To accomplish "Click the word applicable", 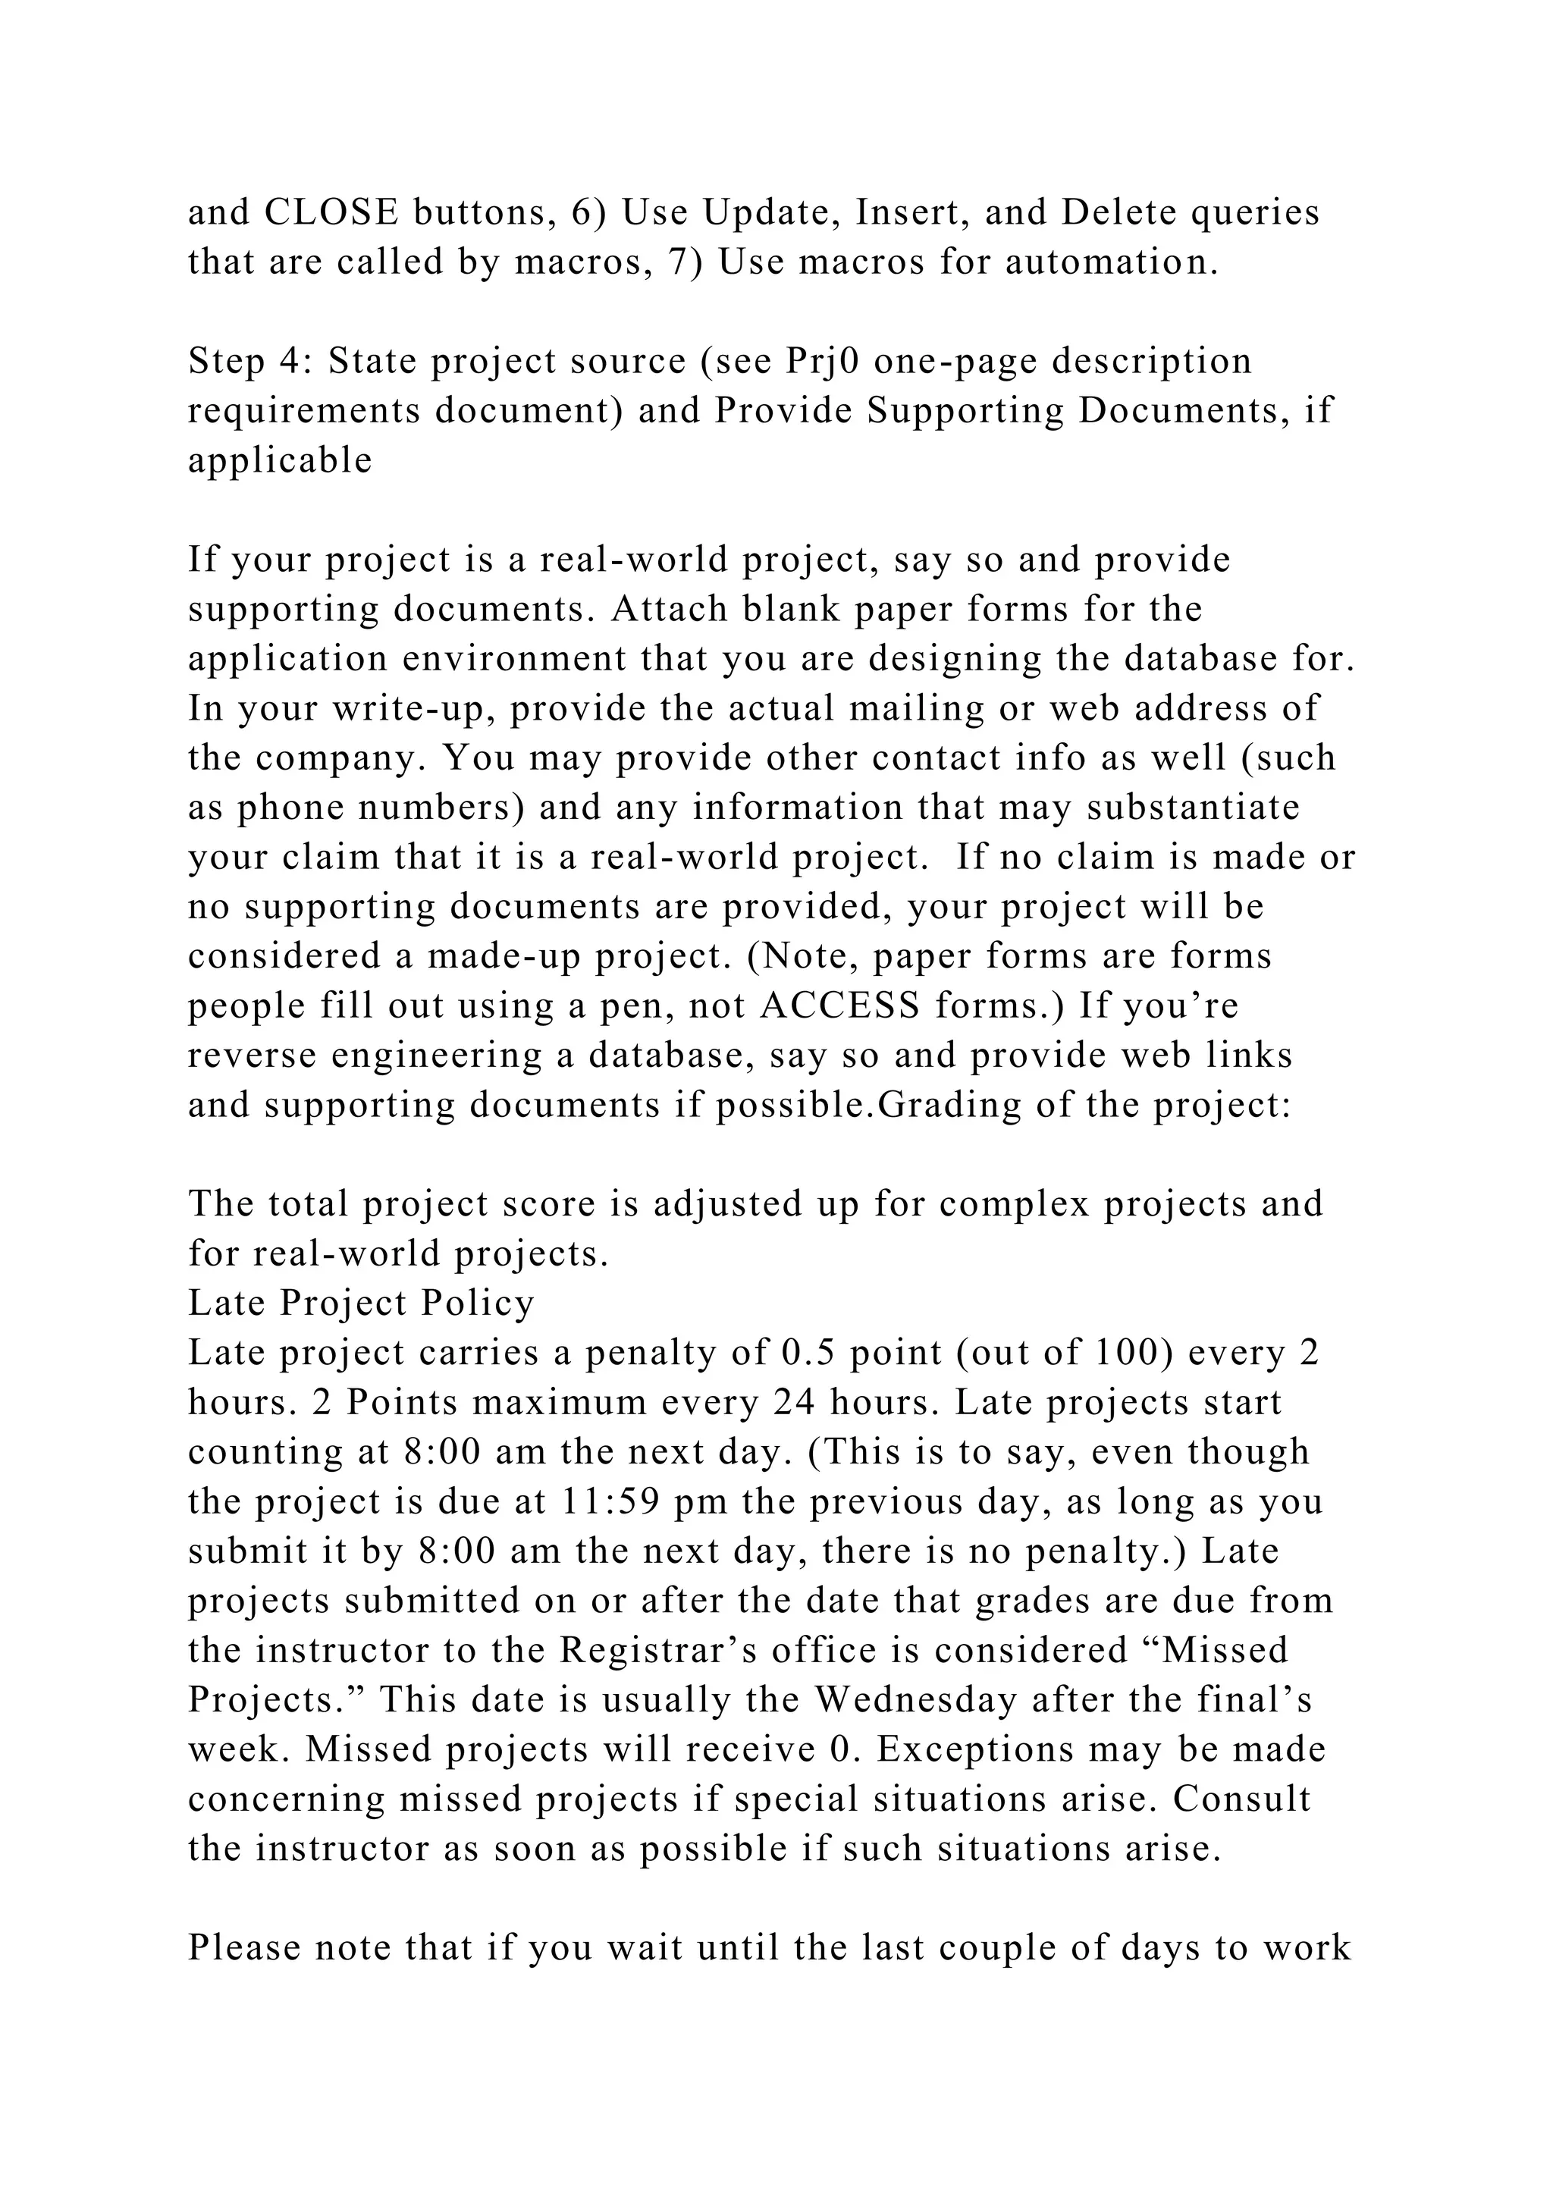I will click(280, 461).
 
